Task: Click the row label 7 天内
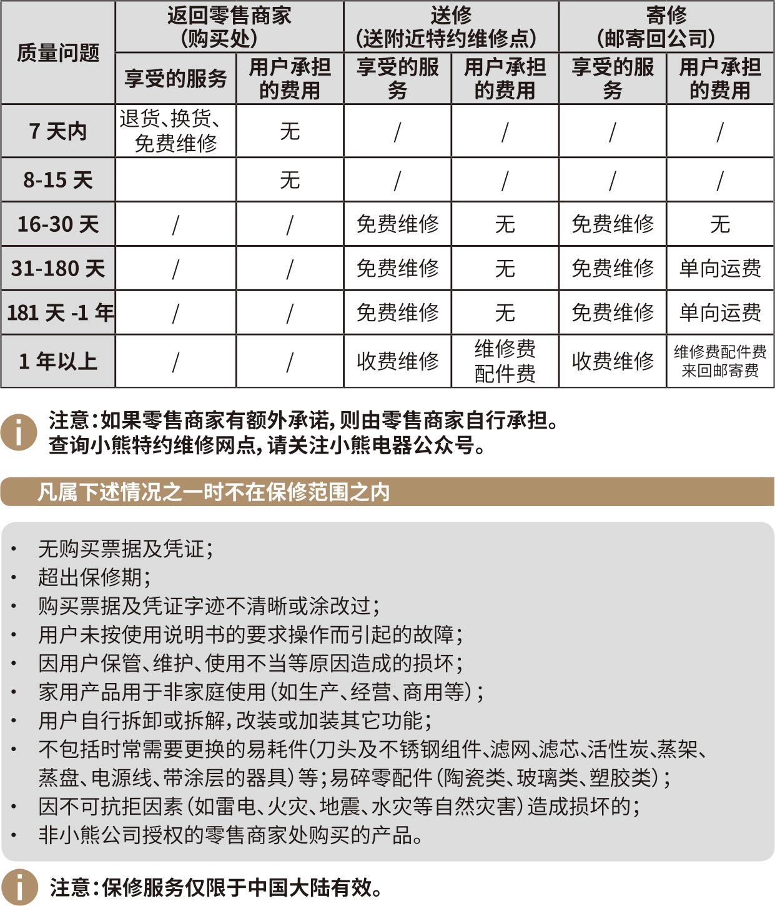[x=58, y=131]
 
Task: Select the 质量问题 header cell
[x=58, y=53]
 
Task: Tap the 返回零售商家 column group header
[x=229, y=27]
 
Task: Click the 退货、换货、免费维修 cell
[x=175, y=131]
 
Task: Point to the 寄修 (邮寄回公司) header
[x=666, y=27]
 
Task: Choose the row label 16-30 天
[x=58, y=224]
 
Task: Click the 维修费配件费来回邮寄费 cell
[x=720, y=361]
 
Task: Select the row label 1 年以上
[x=58, y=361]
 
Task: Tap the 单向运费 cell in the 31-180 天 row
[x=720, y=268]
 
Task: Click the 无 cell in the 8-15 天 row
[x=290, y=180]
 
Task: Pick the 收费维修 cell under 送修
[x=397, y=361]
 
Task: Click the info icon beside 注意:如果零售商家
[x=18, y=432]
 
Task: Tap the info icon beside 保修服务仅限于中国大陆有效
[x=19, y=887]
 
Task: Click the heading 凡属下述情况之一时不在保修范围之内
[x=214, y=492]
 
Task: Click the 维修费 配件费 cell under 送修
[x=505, y=361]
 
